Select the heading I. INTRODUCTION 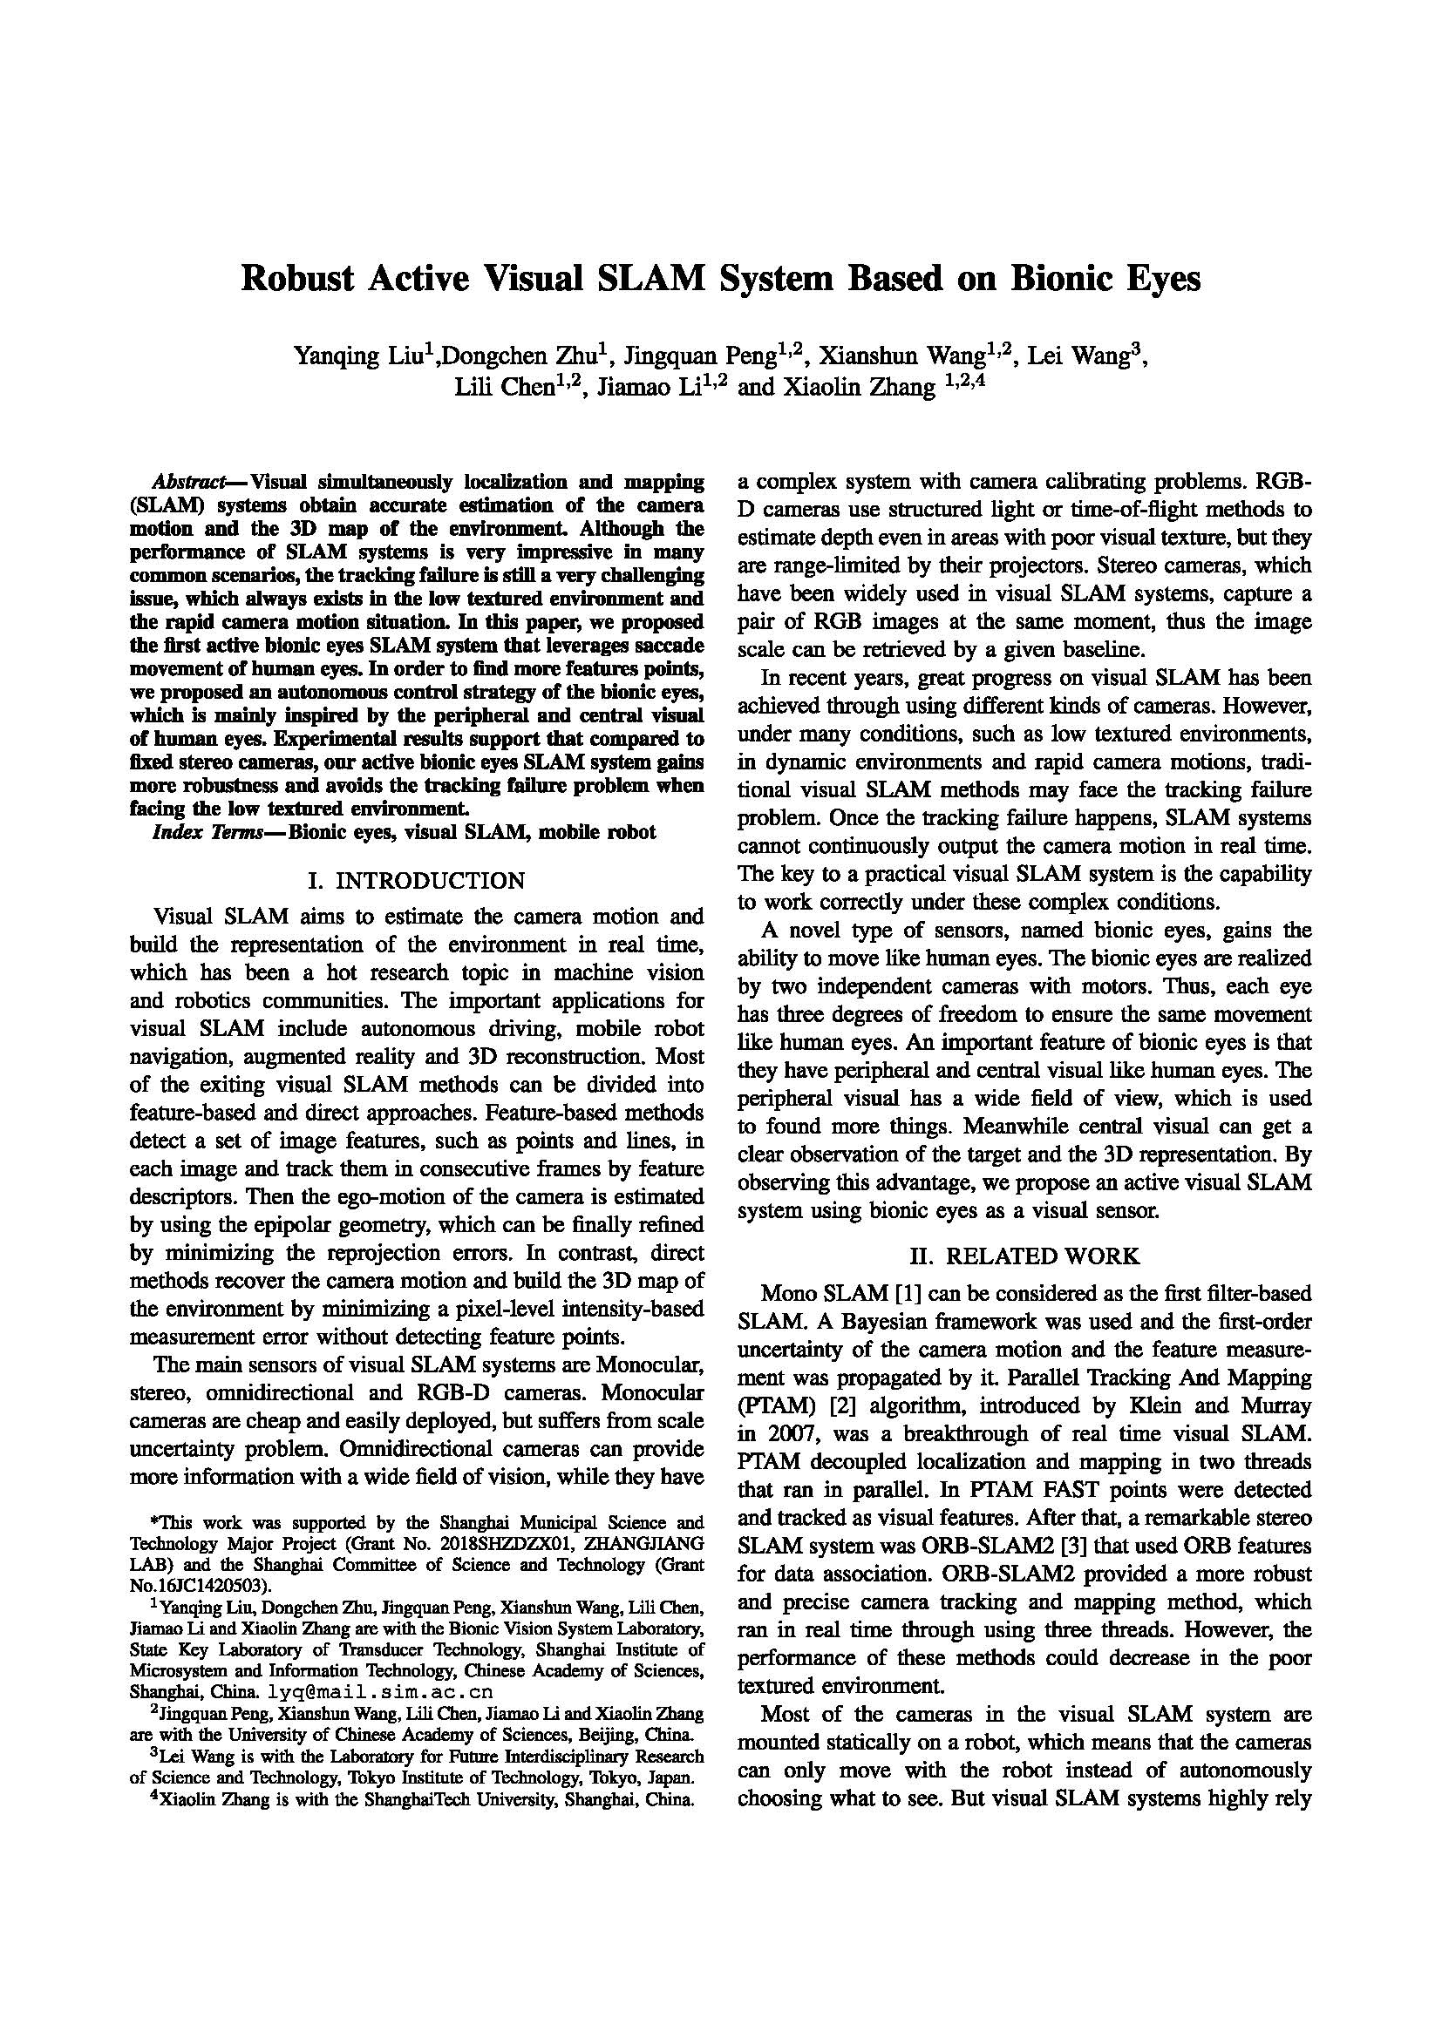click(417, 881)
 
